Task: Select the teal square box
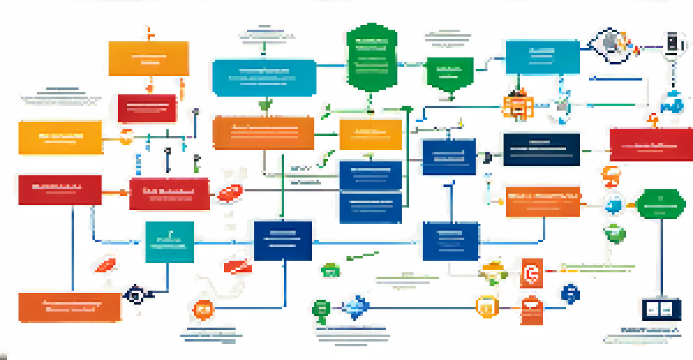click(x=170, y=242)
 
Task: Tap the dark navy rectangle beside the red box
click(x=541, y=149)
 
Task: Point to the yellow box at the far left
click(x=60, y=138)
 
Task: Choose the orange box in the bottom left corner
click(x=70, y=307)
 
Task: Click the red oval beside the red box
click(x=230, y=193)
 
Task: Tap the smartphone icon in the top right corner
click(x=673, y=44)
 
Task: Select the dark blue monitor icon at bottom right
click(x=661, y=309)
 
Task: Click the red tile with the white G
click(x=531, y=273)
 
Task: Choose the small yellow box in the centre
click(x=370, y=134)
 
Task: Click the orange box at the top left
click(x=148, y=59)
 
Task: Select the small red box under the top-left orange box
click(x=147, y=109)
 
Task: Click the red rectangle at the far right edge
click(x=651, y=144)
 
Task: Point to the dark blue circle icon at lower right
click(x=570, y=294)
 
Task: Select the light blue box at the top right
click(x=542, y=57)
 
